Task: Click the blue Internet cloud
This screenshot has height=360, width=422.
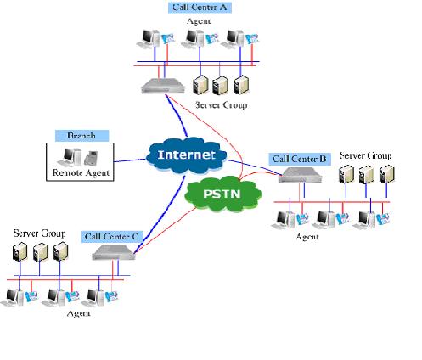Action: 186,155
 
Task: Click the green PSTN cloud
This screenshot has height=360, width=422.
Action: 222,194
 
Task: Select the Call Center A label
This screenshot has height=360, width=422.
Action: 200,8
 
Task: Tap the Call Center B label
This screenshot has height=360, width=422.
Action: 300,159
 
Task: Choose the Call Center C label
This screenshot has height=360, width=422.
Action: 112,237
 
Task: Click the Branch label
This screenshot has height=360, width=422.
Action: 82,136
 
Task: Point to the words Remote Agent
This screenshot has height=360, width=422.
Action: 81,172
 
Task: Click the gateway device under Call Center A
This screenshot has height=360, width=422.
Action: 163,86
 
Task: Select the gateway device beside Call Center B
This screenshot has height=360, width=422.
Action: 301,175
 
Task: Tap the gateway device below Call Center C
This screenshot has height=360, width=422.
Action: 114,252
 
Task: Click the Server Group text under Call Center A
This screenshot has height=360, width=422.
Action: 222,105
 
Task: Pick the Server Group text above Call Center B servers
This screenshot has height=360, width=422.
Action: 365,155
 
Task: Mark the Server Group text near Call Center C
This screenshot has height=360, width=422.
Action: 39,233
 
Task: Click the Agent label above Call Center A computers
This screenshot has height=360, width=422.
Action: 199,21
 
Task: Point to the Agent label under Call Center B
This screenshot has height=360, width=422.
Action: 307,237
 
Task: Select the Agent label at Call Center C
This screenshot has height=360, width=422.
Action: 78,313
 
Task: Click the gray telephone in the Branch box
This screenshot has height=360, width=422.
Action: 91,158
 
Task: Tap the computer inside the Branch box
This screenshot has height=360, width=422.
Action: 69,157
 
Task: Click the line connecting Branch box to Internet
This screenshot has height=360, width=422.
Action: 130,160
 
